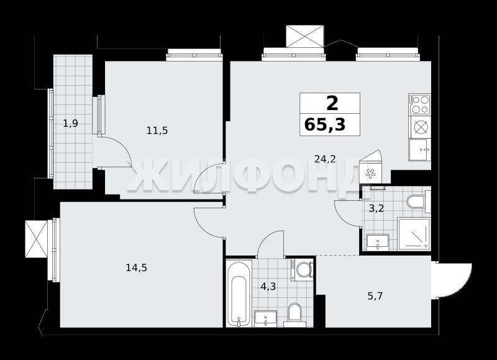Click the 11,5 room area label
coord(157,130)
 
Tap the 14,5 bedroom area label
coord(136,268)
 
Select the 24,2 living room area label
coord(325,159)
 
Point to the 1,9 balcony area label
coord(70,123)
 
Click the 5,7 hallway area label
coord(375,296)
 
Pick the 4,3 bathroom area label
coord(268,287)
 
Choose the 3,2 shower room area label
coord(376,208)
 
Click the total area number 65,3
coord(325,124)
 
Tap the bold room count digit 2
coord(332,103)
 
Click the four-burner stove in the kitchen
coord(420,104)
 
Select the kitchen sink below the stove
coord(420,150)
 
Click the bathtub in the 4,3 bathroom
coord(239,293)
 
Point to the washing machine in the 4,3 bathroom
coord(303,270)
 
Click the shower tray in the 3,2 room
coord(414,233)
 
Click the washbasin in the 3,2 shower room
coord(378,242)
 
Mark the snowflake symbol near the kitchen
coord(370,173)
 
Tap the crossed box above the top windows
coord(305,36)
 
